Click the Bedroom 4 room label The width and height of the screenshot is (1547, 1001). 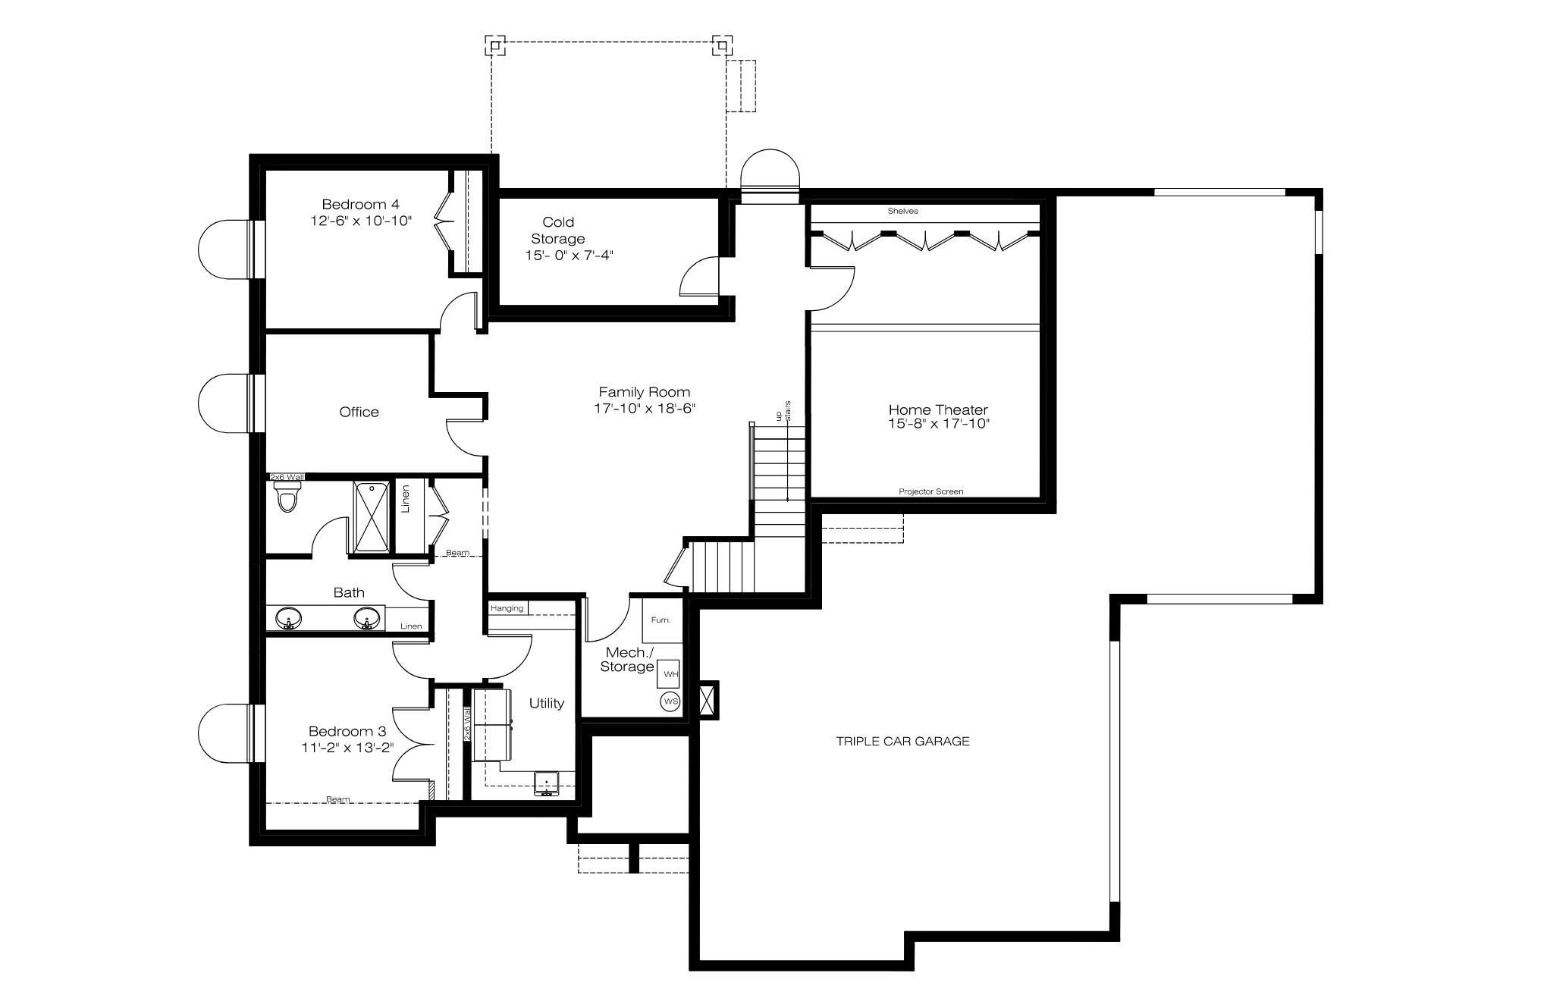pos(360,204)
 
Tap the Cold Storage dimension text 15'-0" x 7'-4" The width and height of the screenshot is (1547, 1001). pos(569,256)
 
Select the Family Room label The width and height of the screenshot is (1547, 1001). pos(645,392)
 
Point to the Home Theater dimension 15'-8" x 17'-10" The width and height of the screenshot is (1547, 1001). pos(939,423)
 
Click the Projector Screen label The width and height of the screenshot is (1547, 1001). pos(931,491)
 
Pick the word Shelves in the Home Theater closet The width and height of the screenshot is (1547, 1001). pos(902,211)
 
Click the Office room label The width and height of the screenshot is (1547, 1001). pos(359,412)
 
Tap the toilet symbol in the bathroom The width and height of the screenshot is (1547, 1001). pos(287,497)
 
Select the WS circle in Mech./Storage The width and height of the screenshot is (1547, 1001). pos(670,701)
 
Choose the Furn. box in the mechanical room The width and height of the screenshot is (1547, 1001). pos(662,620)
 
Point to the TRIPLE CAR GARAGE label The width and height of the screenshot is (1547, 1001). pos(902,741)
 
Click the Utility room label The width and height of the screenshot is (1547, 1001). pos(547,703)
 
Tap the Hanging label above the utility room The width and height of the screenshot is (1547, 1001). pos(507,608)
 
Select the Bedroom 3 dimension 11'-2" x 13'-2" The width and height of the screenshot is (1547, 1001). pos(347,748)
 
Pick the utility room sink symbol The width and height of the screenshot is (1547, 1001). pos(546,783)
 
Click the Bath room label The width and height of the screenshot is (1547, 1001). pos(349,592)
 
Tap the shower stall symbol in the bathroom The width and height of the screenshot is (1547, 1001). pos(372,516)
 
